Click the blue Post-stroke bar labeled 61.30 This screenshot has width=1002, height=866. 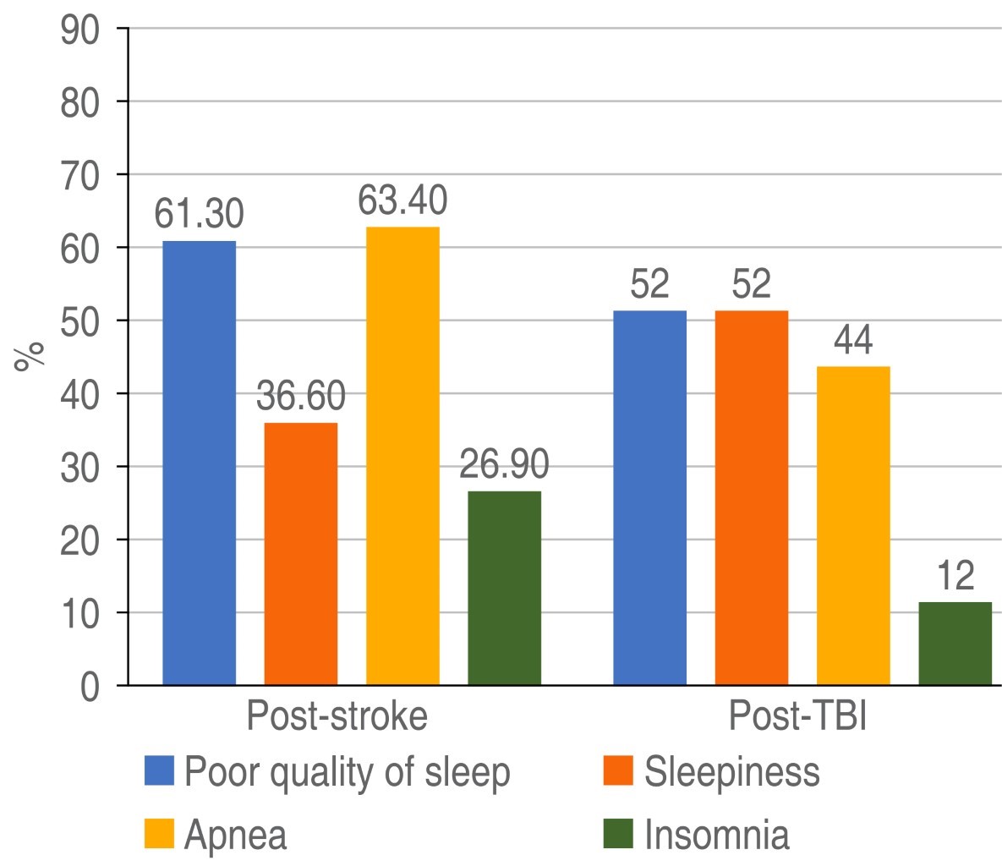(x=199, y=463)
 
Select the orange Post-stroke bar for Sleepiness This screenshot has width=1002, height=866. (x=300, y=554)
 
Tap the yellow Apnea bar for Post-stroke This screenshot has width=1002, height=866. (x=402, y=456)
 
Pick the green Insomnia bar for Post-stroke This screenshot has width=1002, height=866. (x=504, y=589)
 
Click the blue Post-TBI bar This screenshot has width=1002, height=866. (x=649, y=498)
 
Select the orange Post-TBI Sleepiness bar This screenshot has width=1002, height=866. (x=751, y=498)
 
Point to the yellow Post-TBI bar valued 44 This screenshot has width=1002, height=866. (x=853, y=526)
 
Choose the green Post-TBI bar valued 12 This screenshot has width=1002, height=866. (x=955, y=644)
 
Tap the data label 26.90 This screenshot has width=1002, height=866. (x=504, y=466)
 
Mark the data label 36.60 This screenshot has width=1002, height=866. (x=300, y=397)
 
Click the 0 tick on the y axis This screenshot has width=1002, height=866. (x=91, y=687)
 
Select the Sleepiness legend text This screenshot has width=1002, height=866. (x=732, y=771)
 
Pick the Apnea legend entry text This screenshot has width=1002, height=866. (x=236, y=836)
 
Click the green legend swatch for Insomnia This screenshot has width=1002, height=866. (x=618, y=835)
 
